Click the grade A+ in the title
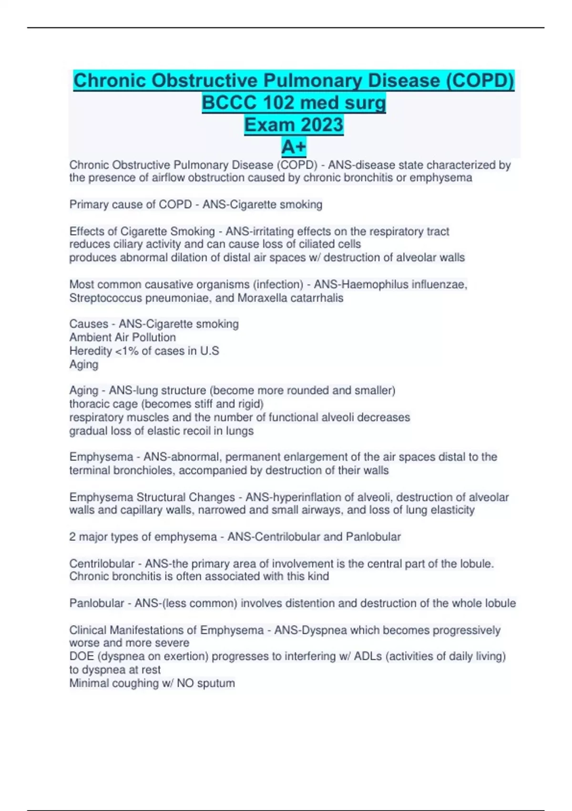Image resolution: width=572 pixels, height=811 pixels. point(294,147)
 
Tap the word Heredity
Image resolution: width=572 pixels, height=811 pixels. point(90,351)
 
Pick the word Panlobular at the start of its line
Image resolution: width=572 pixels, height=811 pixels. point(97,603)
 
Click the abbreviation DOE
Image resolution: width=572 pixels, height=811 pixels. point(82,656)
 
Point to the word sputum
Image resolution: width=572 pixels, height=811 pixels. point(216,683)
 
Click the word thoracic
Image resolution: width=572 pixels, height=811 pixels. point(89,404)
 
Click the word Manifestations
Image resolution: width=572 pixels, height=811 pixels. point(159,630)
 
